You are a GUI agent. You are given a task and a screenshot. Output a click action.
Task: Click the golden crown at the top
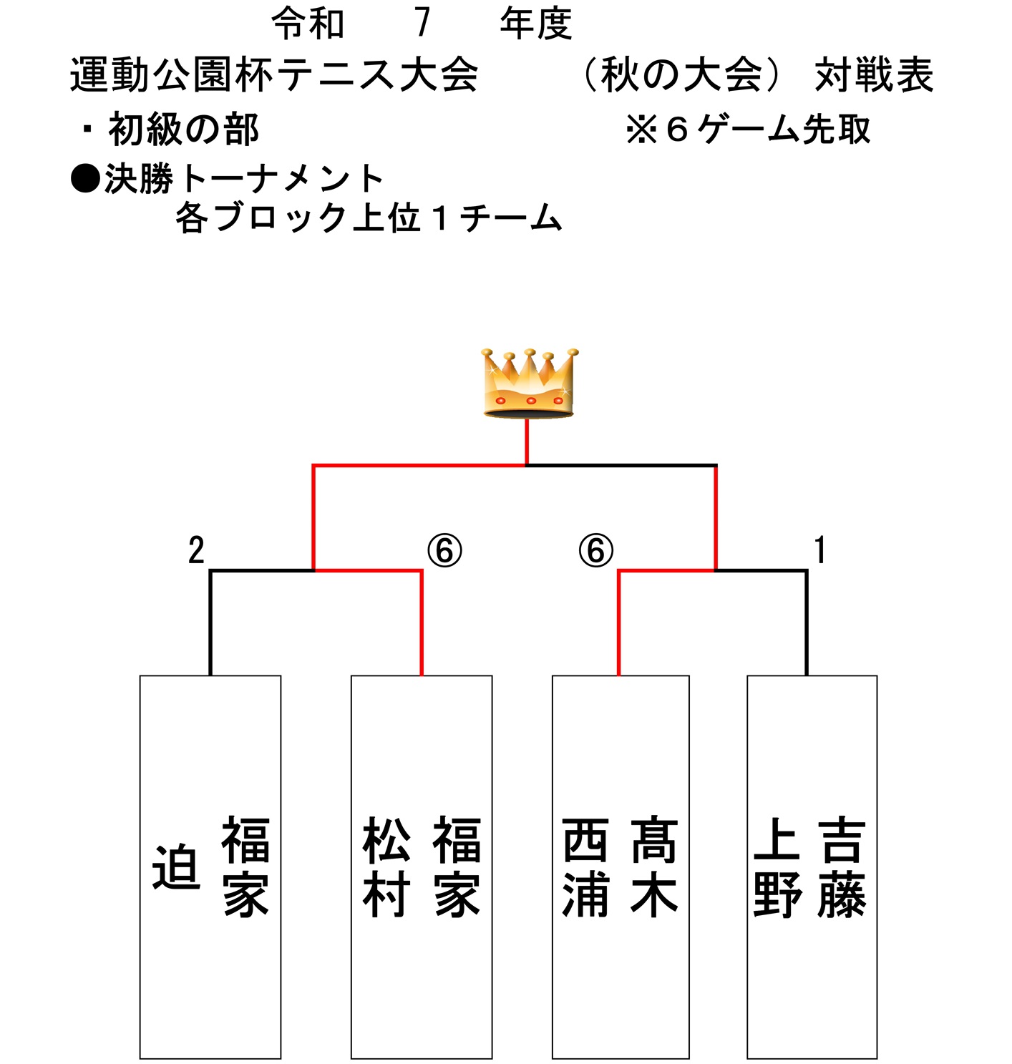(x=529, y=383)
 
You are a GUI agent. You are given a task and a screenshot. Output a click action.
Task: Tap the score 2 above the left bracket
(x=196, y=550)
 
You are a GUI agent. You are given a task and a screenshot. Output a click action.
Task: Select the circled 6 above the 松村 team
(x=444, y=551)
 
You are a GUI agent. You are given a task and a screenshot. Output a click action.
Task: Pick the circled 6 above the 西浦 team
(x=595, y=551)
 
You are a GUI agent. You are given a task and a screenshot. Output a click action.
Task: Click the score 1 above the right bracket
(x=820, y=550)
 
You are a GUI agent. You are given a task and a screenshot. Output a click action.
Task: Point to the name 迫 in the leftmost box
(x=176, y=867)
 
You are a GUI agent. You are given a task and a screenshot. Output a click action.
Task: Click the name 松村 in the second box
(x=386, y=867)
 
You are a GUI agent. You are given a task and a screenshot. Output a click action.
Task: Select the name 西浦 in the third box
(x=586, y=867)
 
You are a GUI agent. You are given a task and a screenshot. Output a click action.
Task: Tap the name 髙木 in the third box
(x=653, y=867)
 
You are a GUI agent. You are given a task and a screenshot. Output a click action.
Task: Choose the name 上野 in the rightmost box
(x=777, y=867)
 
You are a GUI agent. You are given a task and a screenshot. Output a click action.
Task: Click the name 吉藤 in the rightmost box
(x=842, y=867)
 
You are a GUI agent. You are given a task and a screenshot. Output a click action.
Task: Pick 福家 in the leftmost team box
(x=245, y=867)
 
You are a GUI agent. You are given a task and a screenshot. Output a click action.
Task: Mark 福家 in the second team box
(x=457, y=867)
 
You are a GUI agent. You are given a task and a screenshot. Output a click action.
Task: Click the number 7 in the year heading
(x=422, y=23)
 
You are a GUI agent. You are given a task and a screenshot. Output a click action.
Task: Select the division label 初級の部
(x=183, y=130)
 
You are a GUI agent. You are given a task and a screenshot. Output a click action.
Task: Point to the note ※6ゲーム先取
(x=748, y=130)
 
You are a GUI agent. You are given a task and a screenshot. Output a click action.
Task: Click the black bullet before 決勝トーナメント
(x=85, y=179)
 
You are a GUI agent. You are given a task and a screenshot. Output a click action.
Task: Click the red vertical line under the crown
(x=527, y=441)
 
